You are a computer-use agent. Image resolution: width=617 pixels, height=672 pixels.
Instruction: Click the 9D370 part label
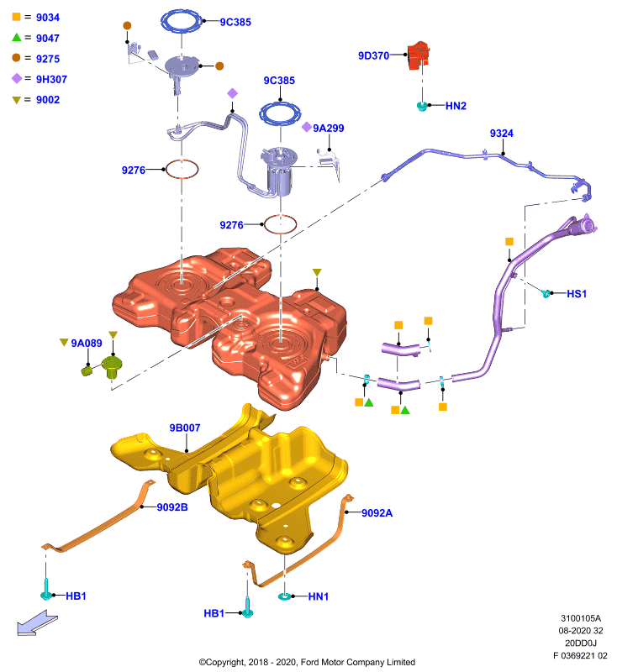point(373,55)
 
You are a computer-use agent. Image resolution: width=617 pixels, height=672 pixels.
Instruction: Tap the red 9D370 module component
point(418,55)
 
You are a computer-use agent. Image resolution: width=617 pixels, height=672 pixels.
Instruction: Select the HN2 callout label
point(456,106)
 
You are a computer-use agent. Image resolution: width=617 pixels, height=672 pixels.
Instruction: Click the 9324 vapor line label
point(501,134)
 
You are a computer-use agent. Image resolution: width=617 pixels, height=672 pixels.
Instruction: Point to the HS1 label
point(577,293)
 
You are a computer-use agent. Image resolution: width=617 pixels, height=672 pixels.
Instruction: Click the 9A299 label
point(328,129)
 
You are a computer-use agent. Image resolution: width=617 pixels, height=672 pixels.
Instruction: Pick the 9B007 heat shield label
point(185,428)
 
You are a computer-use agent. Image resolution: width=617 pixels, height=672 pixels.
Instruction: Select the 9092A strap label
point(377,513)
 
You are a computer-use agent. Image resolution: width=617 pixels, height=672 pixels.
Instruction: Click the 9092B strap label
point(172,507)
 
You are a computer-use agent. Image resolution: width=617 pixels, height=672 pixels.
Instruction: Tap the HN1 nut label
point(318,596)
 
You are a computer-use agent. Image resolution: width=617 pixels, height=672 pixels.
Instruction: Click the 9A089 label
point(87,343)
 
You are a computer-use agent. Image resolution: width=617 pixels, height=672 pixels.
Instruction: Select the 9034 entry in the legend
point(48,18)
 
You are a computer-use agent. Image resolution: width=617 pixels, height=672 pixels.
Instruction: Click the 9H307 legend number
point(51,79)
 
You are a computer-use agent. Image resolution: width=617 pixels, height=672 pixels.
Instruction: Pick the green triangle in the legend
point(16,37)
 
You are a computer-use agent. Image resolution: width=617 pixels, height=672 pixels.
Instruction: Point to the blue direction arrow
point(37,622)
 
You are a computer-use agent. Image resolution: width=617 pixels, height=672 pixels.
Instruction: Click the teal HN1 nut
point(285,596)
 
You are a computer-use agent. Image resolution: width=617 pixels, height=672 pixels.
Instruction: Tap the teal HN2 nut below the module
point(422,107)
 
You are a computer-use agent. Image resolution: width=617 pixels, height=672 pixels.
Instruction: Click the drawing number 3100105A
point(581,618)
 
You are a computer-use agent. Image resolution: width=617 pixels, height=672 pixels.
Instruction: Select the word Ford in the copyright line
point(310,662)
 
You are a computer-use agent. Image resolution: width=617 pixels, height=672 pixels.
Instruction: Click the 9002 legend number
point(48,100)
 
